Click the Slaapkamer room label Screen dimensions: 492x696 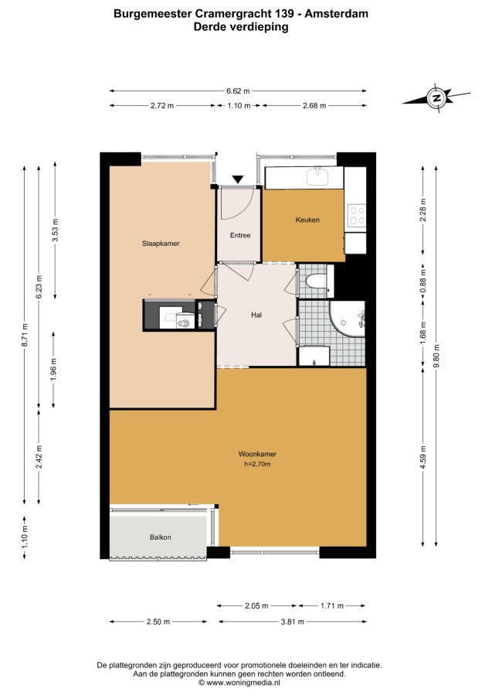coord(161,244)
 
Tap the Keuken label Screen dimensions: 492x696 coord(307,220)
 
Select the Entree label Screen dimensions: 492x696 coord(240,235)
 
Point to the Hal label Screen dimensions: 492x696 coord(256,315)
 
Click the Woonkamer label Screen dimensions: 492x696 coord(257,454)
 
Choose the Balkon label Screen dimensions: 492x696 coord(160,537)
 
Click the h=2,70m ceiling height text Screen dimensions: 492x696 coord(257,464)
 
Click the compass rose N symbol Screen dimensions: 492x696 coord(436,97)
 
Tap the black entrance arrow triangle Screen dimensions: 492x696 coord(238,179)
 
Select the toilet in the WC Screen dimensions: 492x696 coord(317,281)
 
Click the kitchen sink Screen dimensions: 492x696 coord(317,176)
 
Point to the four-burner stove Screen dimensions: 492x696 coord(357,216)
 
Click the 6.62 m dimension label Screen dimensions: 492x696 coord(238,91)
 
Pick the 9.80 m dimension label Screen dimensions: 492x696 coord(436,356)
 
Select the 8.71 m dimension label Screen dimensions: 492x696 coord(25,334)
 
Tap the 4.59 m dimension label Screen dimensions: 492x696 coord(422,457)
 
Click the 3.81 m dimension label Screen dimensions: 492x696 coord(293,622)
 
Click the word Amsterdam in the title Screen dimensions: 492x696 coord(337,14)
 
